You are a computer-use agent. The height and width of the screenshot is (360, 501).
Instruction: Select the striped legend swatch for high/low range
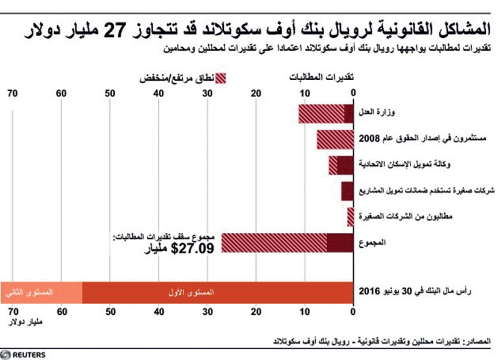(221, 78)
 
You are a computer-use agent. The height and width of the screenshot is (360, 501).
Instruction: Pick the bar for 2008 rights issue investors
(334, 139)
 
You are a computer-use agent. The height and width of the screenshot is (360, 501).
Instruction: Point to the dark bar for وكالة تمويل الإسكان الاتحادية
(345, 165)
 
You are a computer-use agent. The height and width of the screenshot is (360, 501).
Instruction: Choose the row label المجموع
(372, 242)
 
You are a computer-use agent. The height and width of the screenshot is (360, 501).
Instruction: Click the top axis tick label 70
(12, 92)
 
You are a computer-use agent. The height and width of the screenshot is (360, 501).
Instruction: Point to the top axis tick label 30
(207, 92)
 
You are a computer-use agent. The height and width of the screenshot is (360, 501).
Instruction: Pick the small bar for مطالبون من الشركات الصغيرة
(351, 216)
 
